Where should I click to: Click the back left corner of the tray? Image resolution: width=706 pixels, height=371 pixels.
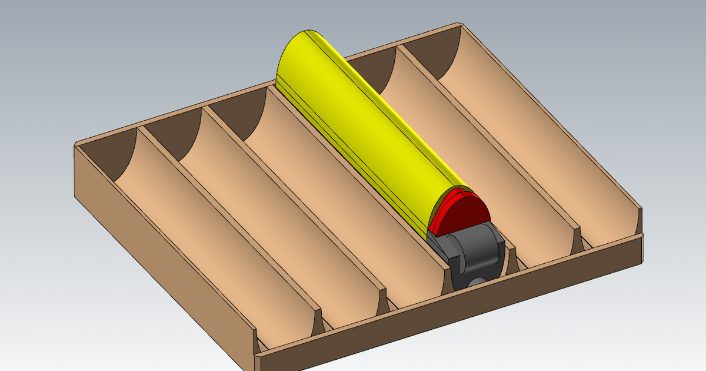pos(76,145)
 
